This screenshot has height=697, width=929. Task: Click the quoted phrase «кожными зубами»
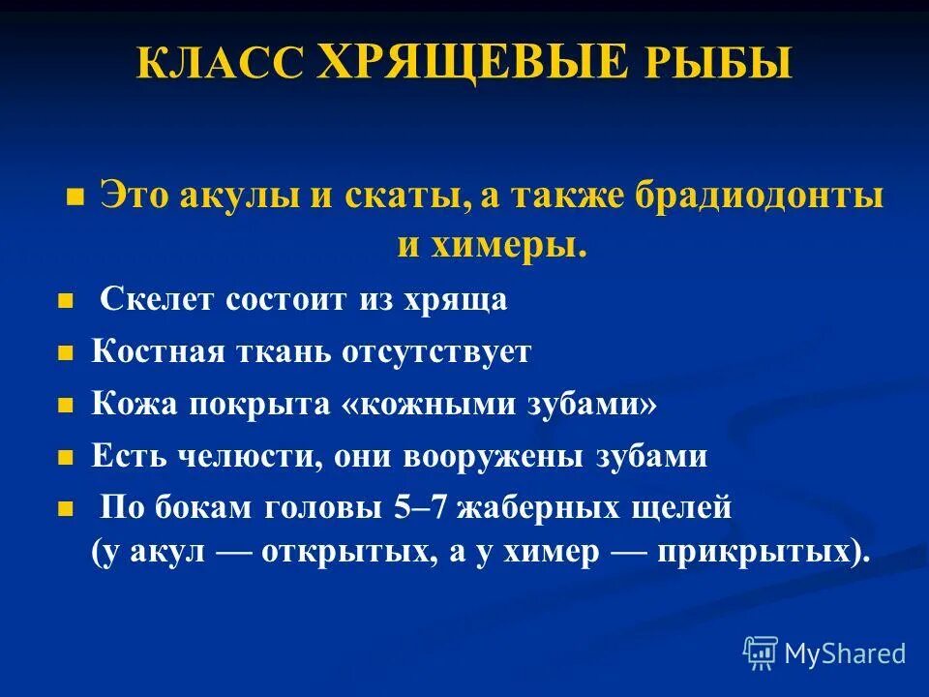coord(499,404)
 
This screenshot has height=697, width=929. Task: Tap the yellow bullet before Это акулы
coord(74,197)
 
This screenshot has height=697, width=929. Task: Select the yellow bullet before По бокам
coord(66,508)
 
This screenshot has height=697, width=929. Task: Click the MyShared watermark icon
coord(761,653)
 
